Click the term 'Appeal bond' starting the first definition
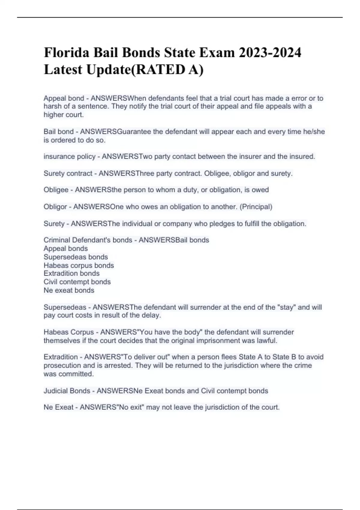[x=64, y=98]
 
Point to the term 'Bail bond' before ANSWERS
[x=58, y=132]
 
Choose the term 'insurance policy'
[x=69, y=156]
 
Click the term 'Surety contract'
[x=68, y=173]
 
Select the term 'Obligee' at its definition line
[x=56, y=190]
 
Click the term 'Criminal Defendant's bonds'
[x=88, y=240]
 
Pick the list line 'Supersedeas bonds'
[x=76, y=257]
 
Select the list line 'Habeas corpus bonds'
[x=79, y=265]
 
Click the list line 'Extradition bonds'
[x=71, y=273]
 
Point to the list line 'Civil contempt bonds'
[x=77, y=282]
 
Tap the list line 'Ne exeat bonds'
[x=69, y=290]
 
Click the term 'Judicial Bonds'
[x=67, y=391]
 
